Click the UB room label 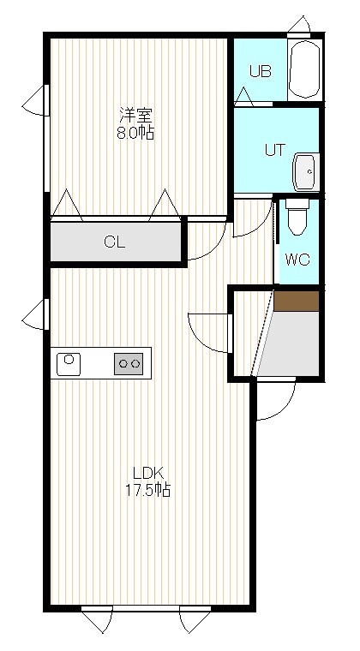click(x=260, y=71)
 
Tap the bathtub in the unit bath click(x=304, y=69)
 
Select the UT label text click(x=275, y=150)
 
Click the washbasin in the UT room click(x=306, y=172)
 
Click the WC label click(x=297, y=260)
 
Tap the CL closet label click(x=115, y=242)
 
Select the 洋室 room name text click(x=135, y=114)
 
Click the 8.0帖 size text click(x=135, y=133)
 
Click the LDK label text click(x=148, y=473)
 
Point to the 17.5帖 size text click(x=148, y=491)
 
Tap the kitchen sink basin click(x=69, y=364)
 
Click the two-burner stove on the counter click(x=129, y=364)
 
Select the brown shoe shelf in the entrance click(x=297, y=301)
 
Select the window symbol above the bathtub click(x=299, y=26)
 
